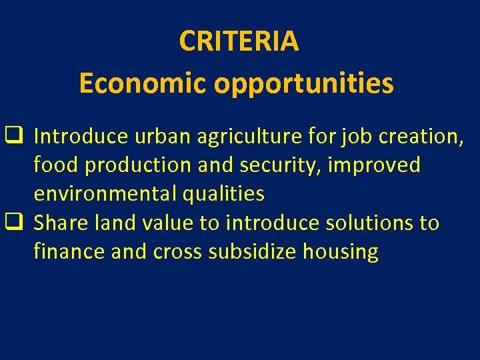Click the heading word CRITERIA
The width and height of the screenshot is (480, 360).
(239, 41)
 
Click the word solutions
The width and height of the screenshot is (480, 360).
(364, 223)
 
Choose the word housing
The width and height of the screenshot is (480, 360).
(341, 253)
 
